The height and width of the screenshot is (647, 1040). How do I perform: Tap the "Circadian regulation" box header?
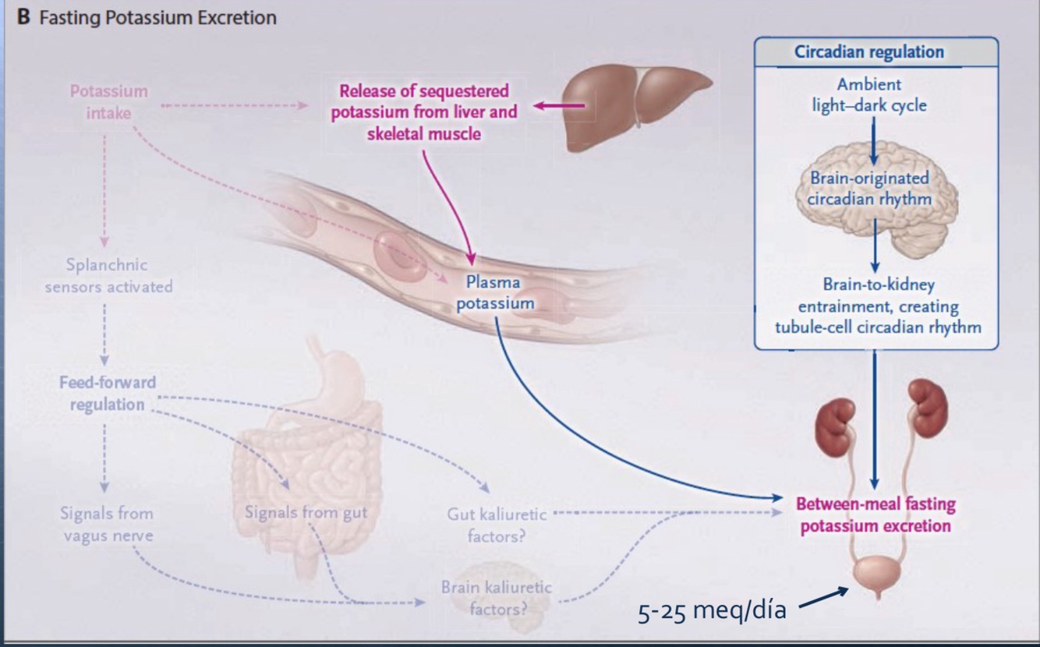(868, 52)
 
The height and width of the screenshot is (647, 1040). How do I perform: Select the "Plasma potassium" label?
(495, 292)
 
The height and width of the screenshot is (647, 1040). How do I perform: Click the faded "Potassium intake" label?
(109, 101)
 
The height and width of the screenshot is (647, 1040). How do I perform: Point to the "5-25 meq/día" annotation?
(712, 610)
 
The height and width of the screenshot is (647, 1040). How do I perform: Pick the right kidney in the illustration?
(925, 402)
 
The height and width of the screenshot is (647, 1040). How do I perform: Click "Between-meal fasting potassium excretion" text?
(875, 514)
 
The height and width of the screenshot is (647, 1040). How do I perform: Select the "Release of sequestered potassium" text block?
(423, 112)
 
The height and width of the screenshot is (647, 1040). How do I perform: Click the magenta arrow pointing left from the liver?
(559, 105)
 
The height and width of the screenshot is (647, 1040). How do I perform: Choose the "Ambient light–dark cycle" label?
(868, 94)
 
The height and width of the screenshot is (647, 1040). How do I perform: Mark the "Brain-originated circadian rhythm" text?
(869, 188)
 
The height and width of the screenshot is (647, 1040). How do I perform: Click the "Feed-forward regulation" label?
(108, 394)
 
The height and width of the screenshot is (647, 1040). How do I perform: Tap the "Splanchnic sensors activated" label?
(108, 276)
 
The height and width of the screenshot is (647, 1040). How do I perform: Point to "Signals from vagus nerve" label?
(107, 524)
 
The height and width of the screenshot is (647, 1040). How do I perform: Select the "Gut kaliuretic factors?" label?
(497, 525)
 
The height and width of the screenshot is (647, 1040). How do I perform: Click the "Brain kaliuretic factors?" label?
(497, 597)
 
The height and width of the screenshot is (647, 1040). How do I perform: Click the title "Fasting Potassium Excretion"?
(157, 17)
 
